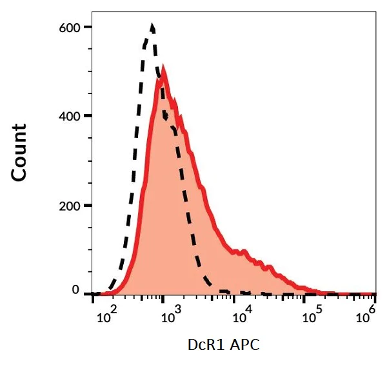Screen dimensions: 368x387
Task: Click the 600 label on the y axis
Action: click(x=69, y=27)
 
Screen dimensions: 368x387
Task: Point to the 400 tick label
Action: click(x=69, y=116)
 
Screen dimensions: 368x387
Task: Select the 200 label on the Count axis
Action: click(x=69, y=206)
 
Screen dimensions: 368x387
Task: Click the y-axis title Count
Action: click(x=19, y=153)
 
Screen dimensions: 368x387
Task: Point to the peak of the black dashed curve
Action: click(x=152, y=26)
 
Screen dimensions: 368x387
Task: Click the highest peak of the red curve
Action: click(x=164, y=68)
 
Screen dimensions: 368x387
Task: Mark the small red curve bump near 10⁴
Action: click(x=241, y=251)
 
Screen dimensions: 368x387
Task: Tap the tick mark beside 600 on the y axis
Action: click(x=86, y=27)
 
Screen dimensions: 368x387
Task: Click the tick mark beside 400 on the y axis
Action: click(x=86, y=116)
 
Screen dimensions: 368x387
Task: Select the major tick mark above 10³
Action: click(x=163, y=297)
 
